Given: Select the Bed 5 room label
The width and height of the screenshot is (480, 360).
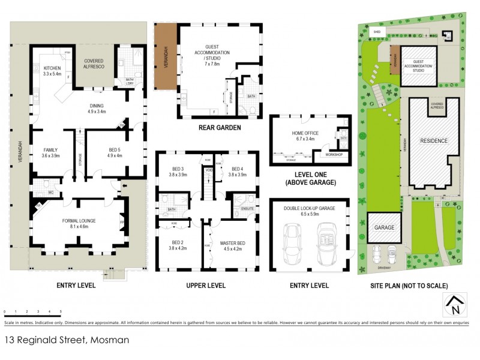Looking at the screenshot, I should (x=114, y=152).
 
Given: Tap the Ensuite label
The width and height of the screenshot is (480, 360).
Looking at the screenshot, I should (x=247, y=209).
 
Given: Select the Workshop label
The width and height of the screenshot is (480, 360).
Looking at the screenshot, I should (x=333, y=155).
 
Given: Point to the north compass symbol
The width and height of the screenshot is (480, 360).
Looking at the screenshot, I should (x=455, y=305).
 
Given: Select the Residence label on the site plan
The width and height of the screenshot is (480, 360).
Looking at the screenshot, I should (x=433, y=140).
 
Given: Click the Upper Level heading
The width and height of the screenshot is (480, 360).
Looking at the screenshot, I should (x=206, y=286).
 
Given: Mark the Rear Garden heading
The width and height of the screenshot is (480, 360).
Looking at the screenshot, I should (x=220, y=127).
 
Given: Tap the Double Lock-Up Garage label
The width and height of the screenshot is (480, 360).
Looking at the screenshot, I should (x=309, y=210).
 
